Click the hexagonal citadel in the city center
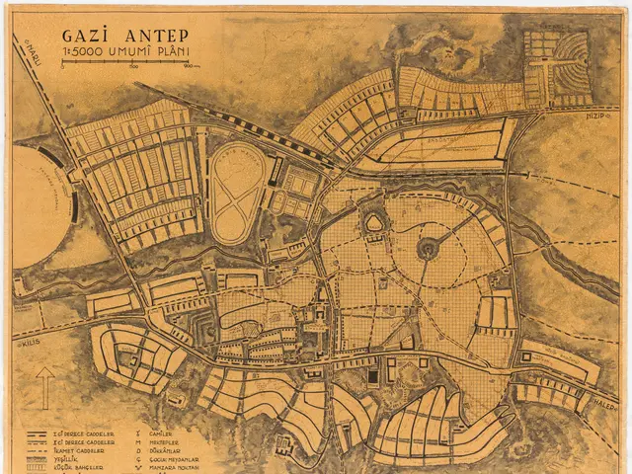(x=375, y=225)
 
